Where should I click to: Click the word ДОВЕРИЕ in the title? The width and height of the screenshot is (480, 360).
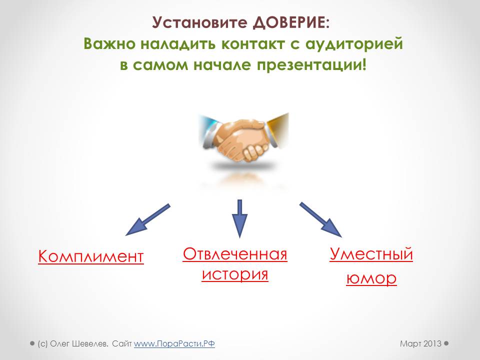pyautogui.click(x=289, y=23)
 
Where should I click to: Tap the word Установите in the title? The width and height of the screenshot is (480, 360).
pyautogui.click(x=199, y=22)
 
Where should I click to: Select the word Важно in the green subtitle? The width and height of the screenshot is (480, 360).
pyautogui.click(x=109, y=44)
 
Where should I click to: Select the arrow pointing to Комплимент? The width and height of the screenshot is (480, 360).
pyautogui.click(x=147, y=220)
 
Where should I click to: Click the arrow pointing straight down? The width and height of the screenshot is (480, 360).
pyautogui.click(x=239, y=219)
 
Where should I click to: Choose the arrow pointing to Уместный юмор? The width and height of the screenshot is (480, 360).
pyautogui.click(x=320, y=220)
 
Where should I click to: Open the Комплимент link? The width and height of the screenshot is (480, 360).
pyautogui.click(x=91, y=256)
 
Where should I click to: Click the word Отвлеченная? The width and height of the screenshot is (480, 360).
pyautogui.click(x=235, y=254)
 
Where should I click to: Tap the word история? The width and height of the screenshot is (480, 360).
pyautogui.click(x=235, y=274)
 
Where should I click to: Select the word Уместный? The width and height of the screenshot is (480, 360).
pyautogui.click(x=371, y=254)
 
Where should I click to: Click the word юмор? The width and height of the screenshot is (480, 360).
pyautogui.click(x=371, y=278)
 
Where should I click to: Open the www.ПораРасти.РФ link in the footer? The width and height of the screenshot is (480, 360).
pyautogui.click(x=174, y=344)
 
